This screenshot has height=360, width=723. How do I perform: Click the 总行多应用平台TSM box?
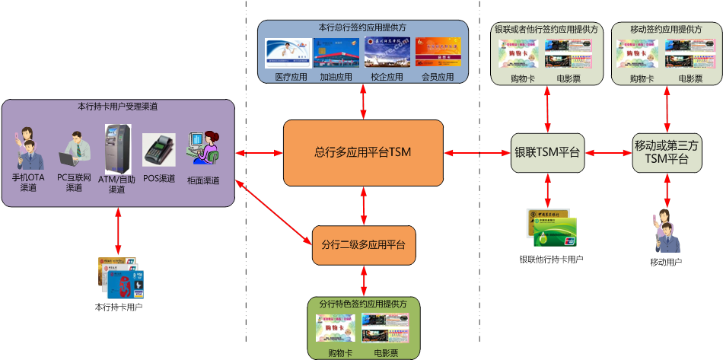tap(363, 153)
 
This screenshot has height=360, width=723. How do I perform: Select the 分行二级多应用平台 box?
tap(364, 245)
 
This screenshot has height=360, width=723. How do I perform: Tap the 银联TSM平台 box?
tap(547, 152)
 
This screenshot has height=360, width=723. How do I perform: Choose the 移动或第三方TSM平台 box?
tap(667, 152)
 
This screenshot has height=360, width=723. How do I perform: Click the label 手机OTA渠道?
tap(29, 183)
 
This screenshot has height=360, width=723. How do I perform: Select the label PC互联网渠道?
tap(74, 183)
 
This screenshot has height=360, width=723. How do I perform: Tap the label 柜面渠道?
tap(203, 180)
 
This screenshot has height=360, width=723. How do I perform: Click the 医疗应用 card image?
tap(288, 54)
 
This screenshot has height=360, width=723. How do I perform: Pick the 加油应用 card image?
tap(336, 54)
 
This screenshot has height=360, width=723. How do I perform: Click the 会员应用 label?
tap(438, 77)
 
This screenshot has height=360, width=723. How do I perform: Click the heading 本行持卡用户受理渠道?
tap(117, 107)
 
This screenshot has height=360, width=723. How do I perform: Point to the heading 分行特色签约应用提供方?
tap(363, 304)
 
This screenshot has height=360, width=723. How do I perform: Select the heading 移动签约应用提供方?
tap(667, 29)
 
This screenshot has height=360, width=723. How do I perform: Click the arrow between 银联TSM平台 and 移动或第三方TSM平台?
tap(607, 153)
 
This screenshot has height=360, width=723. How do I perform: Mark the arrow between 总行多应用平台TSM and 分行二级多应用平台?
tap(364, 205)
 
